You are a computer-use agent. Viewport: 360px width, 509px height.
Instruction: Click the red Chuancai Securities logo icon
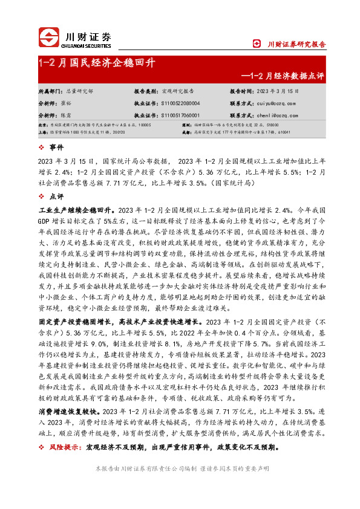(x=50, y=37)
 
